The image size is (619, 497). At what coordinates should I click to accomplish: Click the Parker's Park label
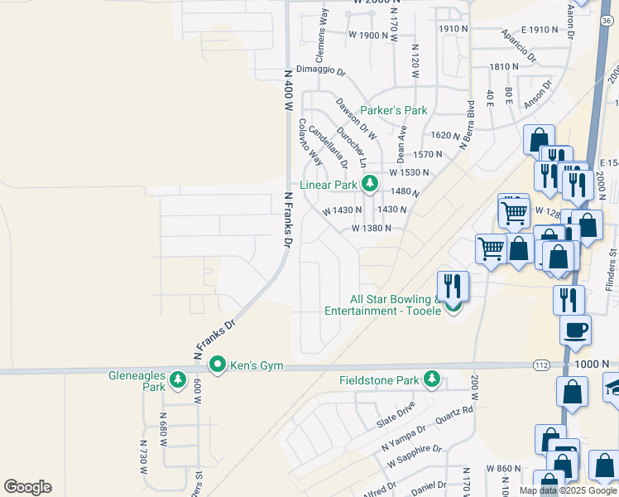394,110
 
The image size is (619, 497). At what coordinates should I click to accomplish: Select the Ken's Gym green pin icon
218,364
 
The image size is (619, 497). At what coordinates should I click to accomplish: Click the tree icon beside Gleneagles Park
177,379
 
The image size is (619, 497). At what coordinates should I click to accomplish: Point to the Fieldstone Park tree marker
431,379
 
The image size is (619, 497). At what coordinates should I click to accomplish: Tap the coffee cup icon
574,330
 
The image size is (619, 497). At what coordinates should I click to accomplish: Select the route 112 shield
540,364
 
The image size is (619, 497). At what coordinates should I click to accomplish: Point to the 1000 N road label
594,364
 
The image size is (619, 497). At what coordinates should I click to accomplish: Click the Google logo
27,487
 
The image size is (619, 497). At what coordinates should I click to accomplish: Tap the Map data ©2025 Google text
569,490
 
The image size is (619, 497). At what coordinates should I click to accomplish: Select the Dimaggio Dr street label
319,72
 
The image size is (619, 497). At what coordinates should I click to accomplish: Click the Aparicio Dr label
519,46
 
